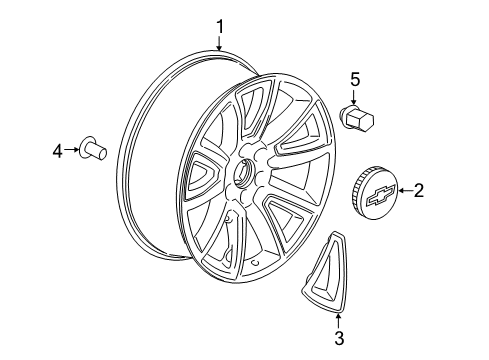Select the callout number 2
(418, 190)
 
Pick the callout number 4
(58, 151)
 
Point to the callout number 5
(353, 79)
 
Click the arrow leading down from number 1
(221, 43)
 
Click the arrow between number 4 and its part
(71, 151)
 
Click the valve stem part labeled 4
(96, 151)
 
